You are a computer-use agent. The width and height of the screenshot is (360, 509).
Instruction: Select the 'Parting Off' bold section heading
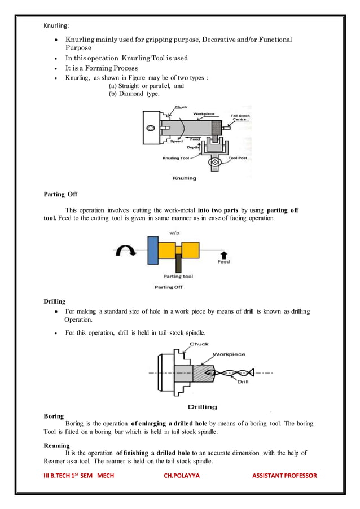pos(60,195)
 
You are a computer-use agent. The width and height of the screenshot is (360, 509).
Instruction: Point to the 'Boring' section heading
pos(54,416)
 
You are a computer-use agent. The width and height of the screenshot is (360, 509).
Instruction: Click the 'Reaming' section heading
pos(56,445)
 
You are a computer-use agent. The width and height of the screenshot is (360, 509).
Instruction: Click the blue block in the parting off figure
pos(152,250)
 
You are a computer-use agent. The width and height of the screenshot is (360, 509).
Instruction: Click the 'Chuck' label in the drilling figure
pos(199,344)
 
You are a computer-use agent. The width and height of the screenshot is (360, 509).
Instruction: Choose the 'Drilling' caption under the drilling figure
pos(202,406)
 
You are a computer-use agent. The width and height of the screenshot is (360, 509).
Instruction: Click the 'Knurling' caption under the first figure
pos(184,178)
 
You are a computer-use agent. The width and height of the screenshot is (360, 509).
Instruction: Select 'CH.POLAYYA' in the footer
pos(181,476)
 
